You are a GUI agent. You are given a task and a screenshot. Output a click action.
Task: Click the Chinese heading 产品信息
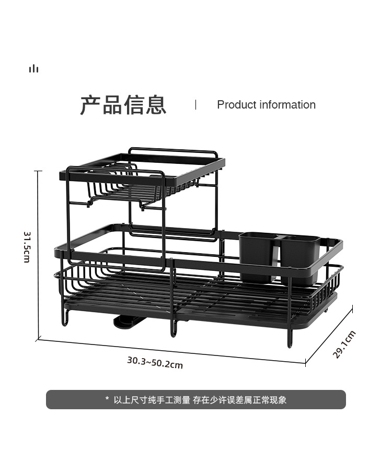pyautogui.click(x=123, y=104)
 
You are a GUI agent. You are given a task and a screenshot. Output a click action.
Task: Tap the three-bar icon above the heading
pyautogui.click(x=34, y=69)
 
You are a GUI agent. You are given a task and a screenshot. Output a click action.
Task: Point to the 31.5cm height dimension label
pyautogui.click(x=27, y=247)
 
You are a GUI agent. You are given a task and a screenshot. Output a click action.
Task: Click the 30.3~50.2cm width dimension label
pyautogui.click(x=155, y=362)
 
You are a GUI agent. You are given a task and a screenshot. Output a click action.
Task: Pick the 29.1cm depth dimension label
pyautogui.click(x=344, y=345)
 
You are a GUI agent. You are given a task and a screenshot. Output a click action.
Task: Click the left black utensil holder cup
pyautogui.click(x=258, y=256)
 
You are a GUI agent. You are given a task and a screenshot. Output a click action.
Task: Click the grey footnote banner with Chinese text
pyautogui.click(x=196, y=400)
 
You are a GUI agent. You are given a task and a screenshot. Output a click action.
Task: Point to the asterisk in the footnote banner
pyautogui.click(x=107, y=400)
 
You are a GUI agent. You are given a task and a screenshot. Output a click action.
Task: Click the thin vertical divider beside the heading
pyautogui.click(x=196, y=104)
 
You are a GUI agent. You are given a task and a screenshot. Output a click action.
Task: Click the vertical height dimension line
pyautogui.click(x=38, y=256)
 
